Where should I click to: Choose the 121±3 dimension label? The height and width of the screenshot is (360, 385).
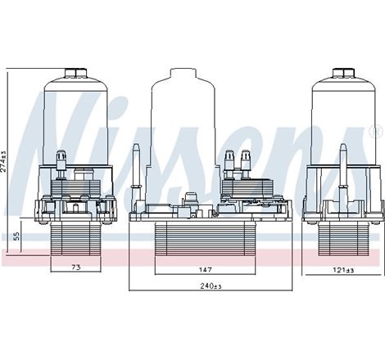[332, 270]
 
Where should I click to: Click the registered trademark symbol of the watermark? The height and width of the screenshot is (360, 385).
[376, 131]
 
